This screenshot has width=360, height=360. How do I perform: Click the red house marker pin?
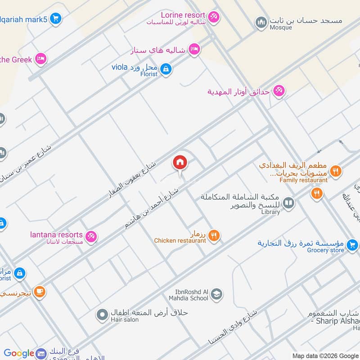(180, 162)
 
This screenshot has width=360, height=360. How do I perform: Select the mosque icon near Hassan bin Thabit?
(261, 22)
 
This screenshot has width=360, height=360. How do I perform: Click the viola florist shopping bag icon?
(166, 69)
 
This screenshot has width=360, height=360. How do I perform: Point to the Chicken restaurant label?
(180, 241)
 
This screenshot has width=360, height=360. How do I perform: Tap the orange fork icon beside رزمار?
(214, 235)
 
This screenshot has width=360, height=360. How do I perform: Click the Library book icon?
(288, 204)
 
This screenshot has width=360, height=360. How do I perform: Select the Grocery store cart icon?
(352, 244)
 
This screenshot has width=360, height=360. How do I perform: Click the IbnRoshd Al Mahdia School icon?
(216, 294)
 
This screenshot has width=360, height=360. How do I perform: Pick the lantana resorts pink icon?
(91, 236)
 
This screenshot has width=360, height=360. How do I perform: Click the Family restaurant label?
(303, 180)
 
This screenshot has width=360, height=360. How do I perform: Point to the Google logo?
(19, 354)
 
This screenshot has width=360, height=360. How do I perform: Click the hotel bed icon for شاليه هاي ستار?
(194, 49)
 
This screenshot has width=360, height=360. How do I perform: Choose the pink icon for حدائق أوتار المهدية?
(279, 91)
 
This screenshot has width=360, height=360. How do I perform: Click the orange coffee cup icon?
(40, 292)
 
